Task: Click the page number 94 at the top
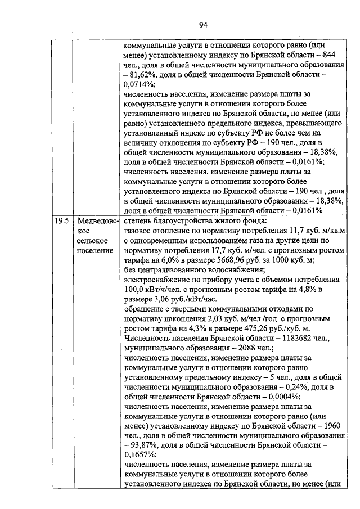pos(203,24)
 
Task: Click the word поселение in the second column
pos(95,250)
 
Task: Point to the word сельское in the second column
pos(93,241)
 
